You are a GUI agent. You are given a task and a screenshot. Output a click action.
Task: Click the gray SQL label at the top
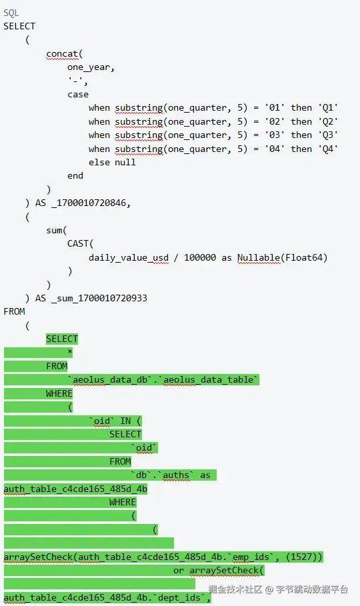pos(11,13)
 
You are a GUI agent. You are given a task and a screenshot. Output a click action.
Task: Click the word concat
pos(62,54)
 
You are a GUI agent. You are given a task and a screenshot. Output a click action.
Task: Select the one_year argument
pos(89,67)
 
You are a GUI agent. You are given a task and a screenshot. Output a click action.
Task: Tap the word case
pos(78,95)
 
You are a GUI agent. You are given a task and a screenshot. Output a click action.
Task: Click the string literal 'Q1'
pos(328,108)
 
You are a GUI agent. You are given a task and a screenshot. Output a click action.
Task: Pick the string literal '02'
pos(275,122)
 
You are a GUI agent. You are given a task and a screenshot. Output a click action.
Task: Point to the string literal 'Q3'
pos(328,135)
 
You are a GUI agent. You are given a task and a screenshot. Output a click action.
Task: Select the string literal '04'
pos(275,149)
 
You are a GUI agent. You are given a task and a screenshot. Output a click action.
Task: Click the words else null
pos(112,162)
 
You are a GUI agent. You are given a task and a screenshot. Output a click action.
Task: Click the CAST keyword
pos(78,244)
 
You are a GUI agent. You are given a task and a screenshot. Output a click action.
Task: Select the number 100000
pos(200,257)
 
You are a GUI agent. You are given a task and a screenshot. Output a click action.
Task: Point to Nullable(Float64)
pos(282,257)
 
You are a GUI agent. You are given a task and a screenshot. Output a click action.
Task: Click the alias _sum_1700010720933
pos(99,299)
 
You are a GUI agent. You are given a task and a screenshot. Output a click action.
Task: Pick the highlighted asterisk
pos(70,353)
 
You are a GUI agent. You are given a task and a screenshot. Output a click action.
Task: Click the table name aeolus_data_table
pos(209,380)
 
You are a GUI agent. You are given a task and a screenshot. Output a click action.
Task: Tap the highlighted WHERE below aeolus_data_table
pos(59,393)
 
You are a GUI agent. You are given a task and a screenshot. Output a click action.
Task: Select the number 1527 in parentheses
pos(301,557)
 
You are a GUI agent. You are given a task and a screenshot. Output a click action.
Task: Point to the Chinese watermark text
pos(278,589)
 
